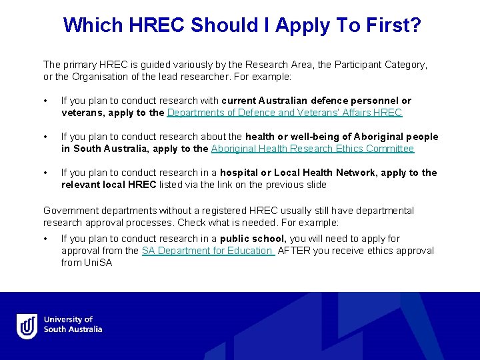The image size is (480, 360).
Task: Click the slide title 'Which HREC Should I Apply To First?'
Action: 241,25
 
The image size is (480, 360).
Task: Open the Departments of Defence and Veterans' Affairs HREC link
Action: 285,113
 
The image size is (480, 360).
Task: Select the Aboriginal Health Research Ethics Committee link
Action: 313,149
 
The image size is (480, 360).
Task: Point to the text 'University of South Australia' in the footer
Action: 73,325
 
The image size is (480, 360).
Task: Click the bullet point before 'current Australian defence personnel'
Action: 45,101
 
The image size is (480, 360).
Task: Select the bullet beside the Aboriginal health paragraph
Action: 45,137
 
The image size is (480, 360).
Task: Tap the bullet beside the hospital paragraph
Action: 45,173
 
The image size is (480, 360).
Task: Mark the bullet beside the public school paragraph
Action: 45,239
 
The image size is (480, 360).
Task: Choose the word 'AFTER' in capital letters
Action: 292,251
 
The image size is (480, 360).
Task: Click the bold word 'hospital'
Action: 239,173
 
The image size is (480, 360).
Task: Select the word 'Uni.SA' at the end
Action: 98,263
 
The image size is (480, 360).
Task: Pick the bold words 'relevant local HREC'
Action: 109,185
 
